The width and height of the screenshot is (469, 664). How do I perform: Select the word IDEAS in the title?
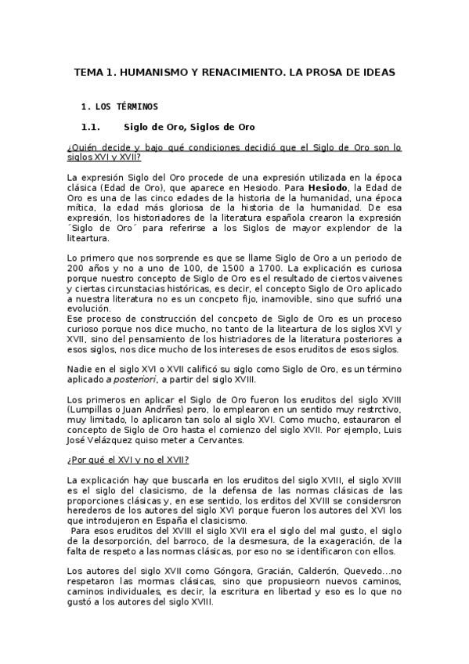(377, 72)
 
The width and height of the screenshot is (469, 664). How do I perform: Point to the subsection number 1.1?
(92, 127)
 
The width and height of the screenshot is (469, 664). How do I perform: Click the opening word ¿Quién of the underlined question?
(83, 146)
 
